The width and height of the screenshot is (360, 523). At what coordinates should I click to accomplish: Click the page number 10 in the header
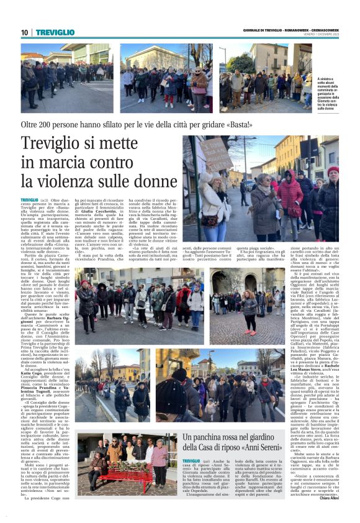click(24, 32)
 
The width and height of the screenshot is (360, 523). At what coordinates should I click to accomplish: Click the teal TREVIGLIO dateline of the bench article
click(192, 460)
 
